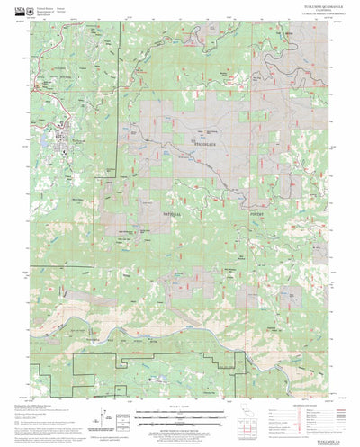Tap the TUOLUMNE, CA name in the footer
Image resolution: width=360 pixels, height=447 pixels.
(x=322, y=429)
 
